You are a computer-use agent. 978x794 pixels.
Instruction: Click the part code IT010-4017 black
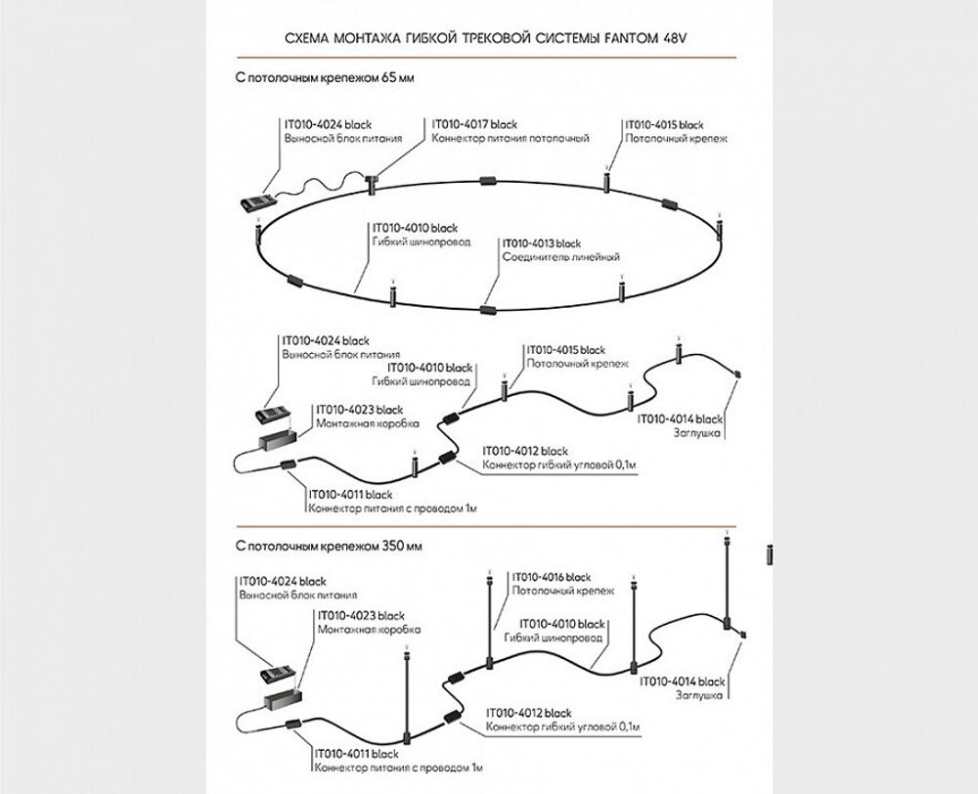474,125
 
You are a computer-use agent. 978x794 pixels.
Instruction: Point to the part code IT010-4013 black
541,243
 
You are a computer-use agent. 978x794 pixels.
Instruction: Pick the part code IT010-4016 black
552,577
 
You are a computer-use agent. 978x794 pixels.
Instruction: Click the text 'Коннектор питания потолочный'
510,140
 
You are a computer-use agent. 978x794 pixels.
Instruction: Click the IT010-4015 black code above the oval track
664,125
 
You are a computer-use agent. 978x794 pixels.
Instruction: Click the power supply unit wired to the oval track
258,202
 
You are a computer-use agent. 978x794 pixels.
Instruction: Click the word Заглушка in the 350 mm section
699,695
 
